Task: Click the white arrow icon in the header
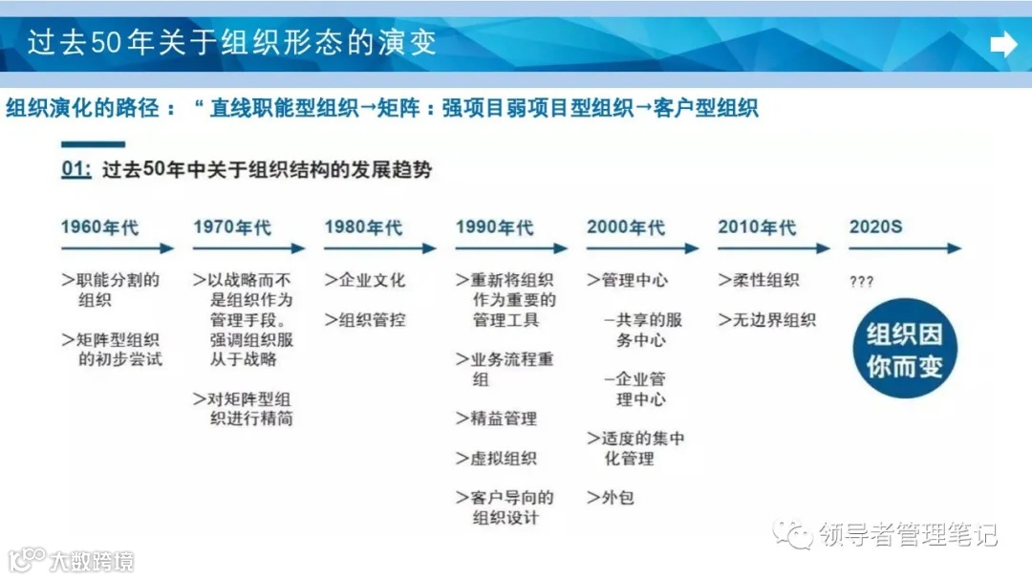1003,45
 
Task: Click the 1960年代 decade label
99,227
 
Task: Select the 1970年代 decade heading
232,227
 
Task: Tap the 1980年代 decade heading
363,227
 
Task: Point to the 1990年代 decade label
494,227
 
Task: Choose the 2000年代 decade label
626,227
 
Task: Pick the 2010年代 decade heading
757,227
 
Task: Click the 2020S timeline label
875,227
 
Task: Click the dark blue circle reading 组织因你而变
904,349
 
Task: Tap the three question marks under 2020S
861,282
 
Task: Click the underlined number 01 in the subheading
75,170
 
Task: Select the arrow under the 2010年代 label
774,248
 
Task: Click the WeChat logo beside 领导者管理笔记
795,533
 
